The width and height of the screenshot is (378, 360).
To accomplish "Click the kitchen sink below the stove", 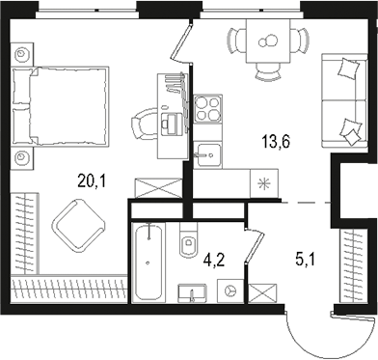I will (207, 153).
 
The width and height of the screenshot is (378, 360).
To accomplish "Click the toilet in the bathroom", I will (188, 241).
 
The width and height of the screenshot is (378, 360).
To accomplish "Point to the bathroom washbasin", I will (192, 291).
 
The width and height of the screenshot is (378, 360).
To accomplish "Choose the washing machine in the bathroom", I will (229, 290).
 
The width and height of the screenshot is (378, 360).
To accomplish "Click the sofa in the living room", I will (343, 100).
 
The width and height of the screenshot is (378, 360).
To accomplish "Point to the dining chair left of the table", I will (236, 41).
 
